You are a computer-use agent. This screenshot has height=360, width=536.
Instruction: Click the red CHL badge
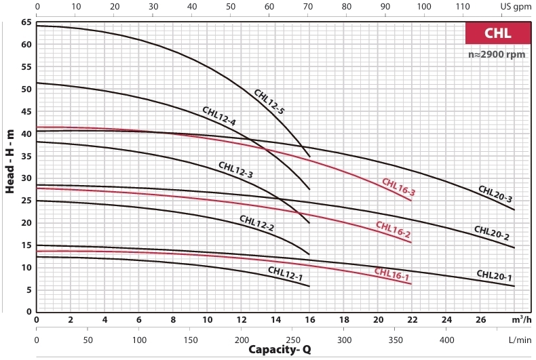(498, 33)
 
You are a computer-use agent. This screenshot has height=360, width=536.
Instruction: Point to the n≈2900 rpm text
(497, 54)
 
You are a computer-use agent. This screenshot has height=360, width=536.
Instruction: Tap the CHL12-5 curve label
(269, 102)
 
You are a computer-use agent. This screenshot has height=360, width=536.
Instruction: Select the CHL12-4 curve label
(219, 116)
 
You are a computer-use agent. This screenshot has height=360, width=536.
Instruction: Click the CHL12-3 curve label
(236, 169)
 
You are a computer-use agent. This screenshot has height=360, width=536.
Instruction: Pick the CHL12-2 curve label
(256, 223)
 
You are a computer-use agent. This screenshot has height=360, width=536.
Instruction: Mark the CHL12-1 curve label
(286, 274)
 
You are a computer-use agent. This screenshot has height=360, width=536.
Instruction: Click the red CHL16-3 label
(398, 187)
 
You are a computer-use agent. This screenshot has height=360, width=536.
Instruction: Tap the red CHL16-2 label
(393, 229)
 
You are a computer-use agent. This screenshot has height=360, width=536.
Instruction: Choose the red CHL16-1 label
(391, 274)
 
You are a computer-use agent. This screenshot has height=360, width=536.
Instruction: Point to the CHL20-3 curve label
(495, 194)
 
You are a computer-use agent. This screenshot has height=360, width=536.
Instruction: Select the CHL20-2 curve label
(492, 233)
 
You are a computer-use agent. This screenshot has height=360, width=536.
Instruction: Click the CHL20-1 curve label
(495, 275)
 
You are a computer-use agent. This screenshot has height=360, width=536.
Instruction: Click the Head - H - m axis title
(10, 161)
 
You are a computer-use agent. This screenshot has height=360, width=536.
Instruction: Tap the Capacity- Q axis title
(280, 349)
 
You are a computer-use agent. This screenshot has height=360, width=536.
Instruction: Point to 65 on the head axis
(26, 22)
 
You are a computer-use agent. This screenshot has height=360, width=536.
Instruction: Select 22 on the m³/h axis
(413, 320)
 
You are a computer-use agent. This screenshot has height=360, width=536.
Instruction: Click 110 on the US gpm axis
(463, 7)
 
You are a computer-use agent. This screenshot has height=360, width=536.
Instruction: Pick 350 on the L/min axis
(396, 340)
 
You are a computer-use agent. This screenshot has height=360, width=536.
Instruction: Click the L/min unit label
(520, 340)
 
